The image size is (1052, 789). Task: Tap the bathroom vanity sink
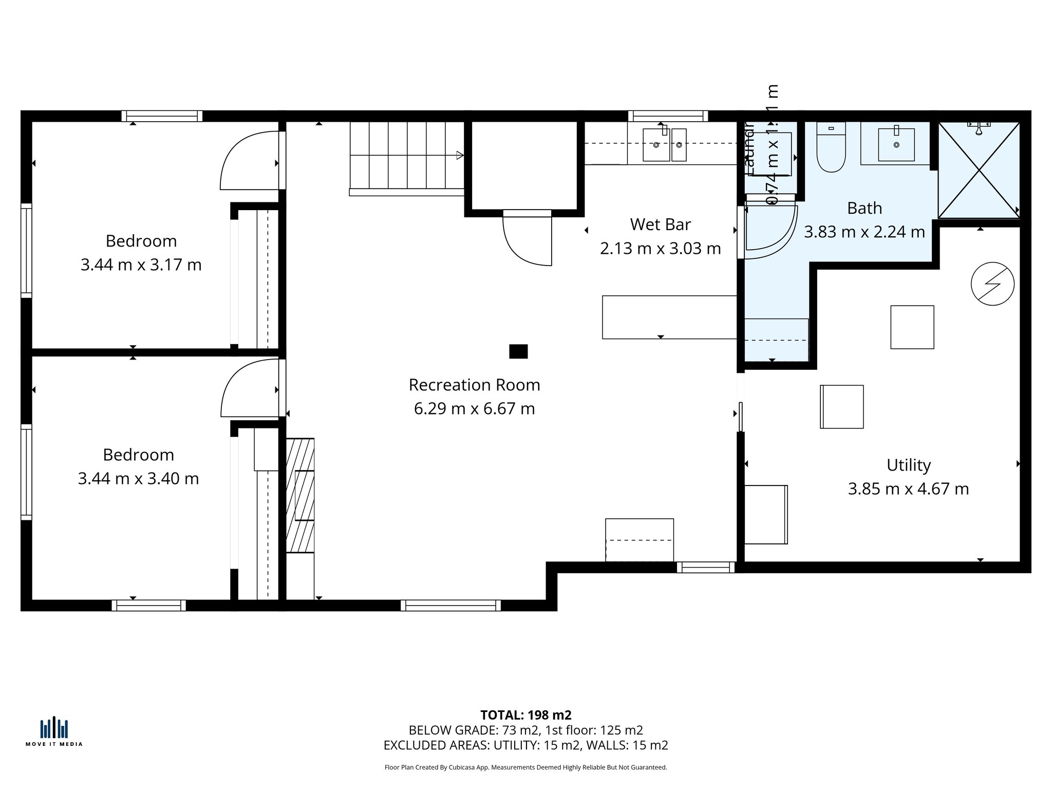point(896,144)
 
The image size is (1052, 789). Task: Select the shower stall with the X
point(979,170)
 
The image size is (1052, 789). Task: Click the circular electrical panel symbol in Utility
point(992,284)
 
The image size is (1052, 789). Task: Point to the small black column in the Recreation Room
point(518,351)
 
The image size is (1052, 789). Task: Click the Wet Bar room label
point(660,224)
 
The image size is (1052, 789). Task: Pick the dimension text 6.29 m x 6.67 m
point(474,409)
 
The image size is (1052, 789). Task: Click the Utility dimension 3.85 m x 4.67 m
point(908,489)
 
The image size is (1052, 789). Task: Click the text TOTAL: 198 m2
point(525,715)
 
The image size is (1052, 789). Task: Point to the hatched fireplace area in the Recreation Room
point(300,495)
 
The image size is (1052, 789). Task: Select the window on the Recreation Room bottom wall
point(450,605)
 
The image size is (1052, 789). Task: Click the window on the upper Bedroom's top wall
point(162,116)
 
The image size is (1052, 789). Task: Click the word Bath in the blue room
point(864,209)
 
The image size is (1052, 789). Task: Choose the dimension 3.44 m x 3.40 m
point(138,479)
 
